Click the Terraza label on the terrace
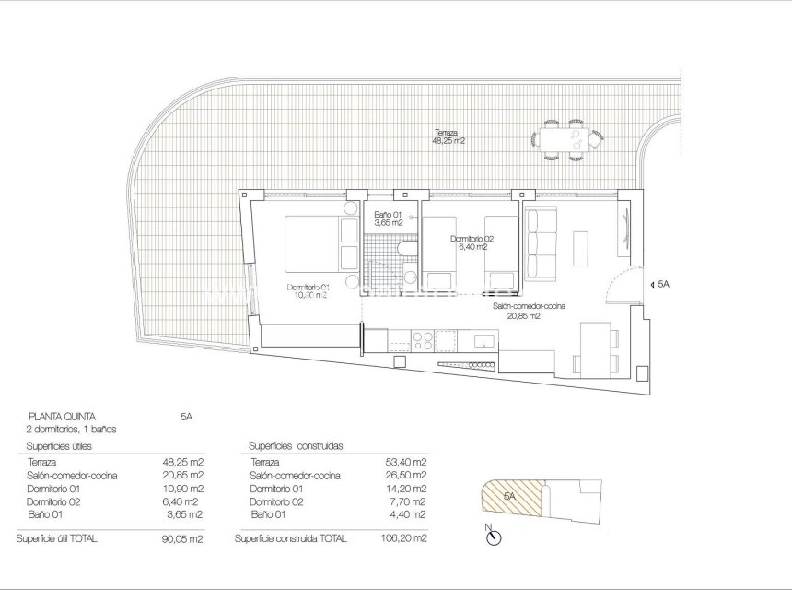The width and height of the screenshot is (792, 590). coord(448,136)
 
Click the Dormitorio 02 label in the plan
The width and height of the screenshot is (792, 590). coord(472,243)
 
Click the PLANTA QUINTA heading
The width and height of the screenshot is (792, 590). coord(62,416)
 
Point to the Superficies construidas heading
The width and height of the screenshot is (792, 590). coord(296,446)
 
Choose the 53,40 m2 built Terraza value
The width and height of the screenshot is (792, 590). coord(406,462)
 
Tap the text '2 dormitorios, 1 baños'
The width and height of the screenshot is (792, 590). coord(73,429)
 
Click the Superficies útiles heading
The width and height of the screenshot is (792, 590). coord(64,446)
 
